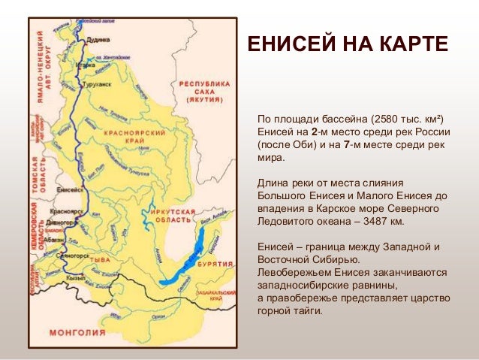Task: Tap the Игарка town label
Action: [x=88, y=65]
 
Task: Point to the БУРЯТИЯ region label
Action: [x=215, y=265]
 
